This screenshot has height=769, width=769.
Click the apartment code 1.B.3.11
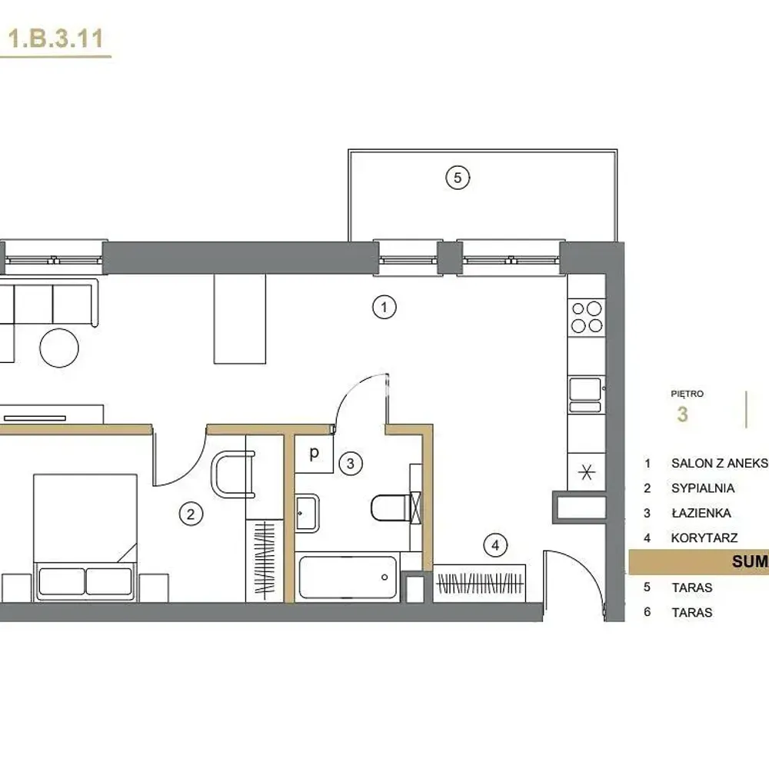55,38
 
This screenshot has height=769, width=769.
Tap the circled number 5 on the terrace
458,178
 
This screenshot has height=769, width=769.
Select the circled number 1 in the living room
384,308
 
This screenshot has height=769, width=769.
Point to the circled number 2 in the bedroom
191,514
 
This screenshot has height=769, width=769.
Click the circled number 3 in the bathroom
350,464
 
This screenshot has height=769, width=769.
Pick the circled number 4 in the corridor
495,545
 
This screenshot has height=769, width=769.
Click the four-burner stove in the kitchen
587,318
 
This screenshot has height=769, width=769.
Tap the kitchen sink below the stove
585,394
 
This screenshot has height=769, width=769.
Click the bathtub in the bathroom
348,578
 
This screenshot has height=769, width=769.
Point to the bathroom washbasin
308,513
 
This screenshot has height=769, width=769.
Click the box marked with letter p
314,454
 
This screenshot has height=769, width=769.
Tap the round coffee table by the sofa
59,348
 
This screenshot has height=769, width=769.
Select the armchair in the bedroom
233,474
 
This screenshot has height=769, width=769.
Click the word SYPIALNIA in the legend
703,488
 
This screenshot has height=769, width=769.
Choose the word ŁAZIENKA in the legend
701,513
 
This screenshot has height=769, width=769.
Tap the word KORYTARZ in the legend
704,538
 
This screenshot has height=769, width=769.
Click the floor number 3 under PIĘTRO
682,414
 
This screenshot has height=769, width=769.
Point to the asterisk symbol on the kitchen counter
587,472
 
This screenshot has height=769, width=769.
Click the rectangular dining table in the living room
240,319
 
